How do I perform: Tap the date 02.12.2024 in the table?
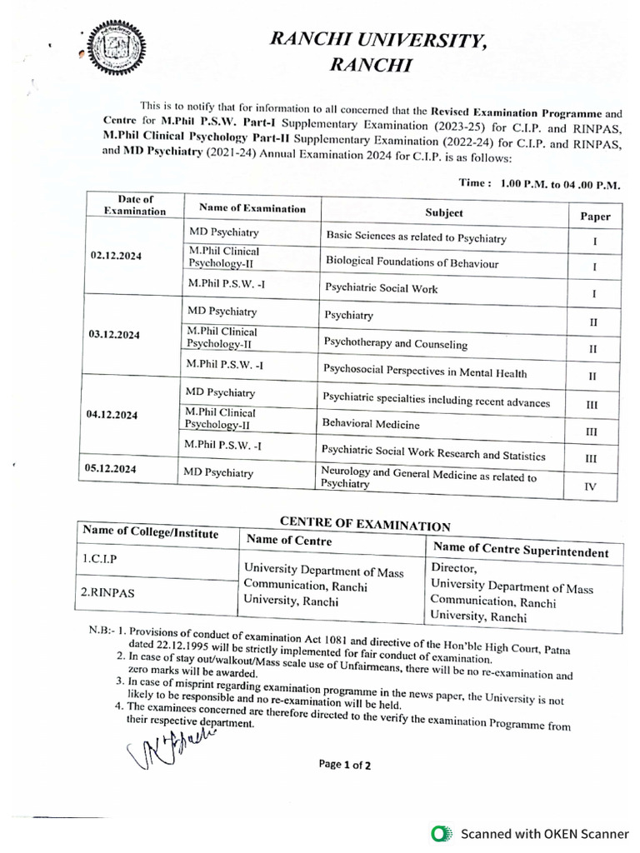pyautogui.click(x=115, y=256)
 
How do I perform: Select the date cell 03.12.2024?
pyautogui.click(x=113, y=334)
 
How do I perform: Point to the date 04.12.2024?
pyautogui.click(x=112, y=414)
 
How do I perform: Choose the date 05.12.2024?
pyautogui.click(x=112, y=469)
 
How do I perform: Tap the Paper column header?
pyautogui.click(x=595, y=217)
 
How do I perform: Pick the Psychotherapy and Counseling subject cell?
pyautogui.click(x=396, y=344)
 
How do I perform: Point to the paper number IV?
pyautogui.click(x=590, y=487)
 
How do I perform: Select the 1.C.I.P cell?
pyautogui.click(x=99, y=560)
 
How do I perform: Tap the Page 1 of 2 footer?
pyautogui.click(x=344, y=765)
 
